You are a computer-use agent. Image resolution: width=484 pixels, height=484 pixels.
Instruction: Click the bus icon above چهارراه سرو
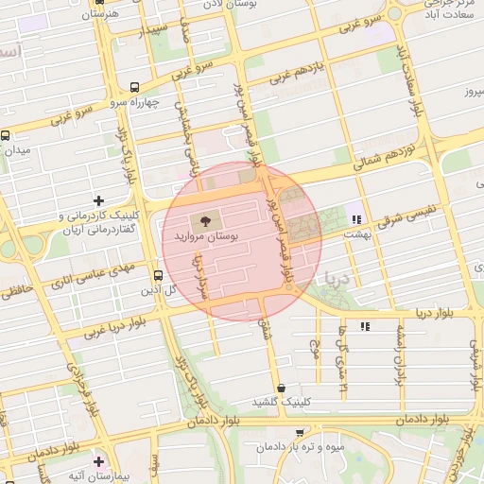click(x=134, y=85)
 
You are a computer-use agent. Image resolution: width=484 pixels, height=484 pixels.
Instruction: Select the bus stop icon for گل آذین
click(x=157, y=276)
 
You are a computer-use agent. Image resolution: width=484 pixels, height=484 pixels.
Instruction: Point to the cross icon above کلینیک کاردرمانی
click(x=98, y=199)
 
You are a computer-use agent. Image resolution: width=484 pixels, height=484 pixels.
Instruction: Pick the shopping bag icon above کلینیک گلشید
click(x=281, y=388)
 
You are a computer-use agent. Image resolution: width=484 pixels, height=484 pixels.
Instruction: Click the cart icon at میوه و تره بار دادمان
click(x=300, y=433)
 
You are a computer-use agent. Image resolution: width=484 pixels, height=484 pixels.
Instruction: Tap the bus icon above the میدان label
click(x=6, y=135)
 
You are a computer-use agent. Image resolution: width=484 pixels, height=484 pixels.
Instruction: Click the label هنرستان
click(x=99, y=15)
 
